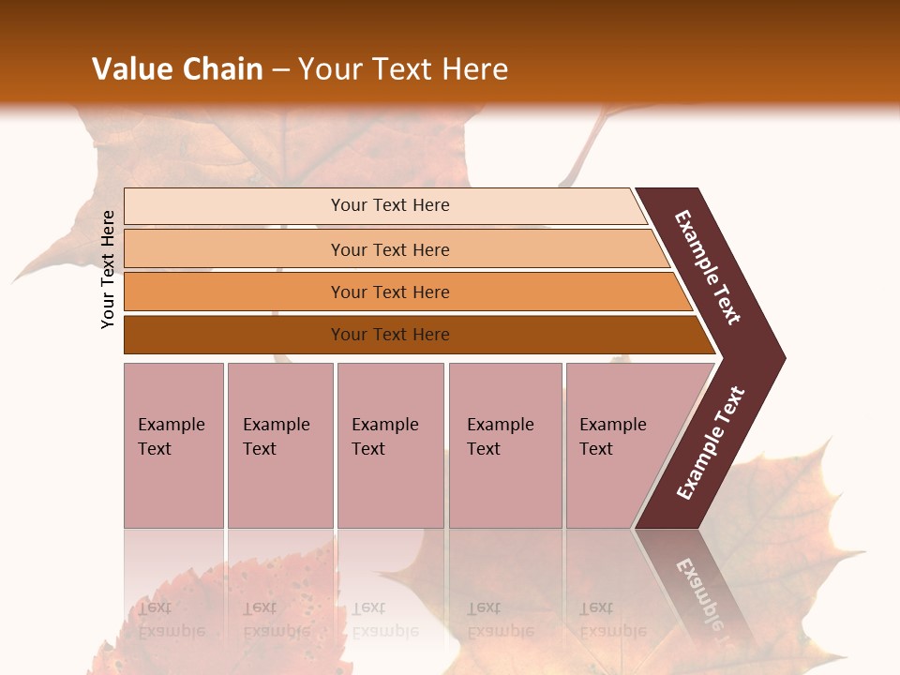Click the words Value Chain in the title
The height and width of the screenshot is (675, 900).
(x=177, y=68)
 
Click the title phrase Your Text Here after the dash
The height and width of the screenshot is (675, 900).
(x=403, y=68)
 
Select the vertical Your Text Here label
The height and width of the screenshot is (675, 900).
(x=108, y=269)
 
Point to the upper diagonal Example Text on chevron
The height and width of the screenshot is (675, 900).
(x=708, y=267)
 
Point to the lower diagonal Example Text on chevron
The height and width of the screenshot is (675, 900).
(x=710, y=443)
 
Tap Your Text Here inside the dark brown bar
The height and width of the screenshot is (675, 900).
(x=390, y=335)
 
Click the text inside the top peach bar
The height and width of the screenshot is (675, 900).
(x=390, y=205)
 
